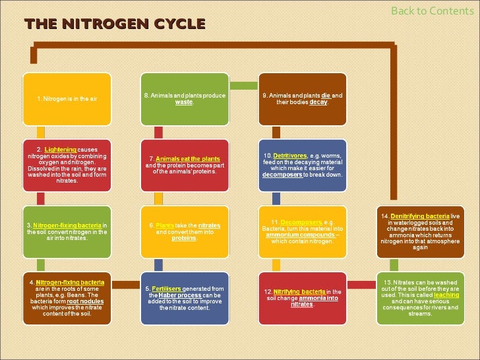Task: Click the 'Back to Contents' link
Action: point(433,11)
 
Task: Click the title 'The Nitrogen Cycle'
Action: point(115,25)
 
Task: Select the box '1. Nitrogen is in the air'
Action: point(67,99)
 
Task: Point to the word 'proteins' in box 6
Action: point(184,238)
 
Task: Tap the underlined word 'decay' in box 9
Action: point(318,102)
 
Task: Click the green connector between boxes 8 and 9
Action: point(243,86)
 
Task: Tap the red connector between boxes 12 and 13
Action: point(361,284)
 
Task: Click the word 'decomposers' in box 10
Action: point(282,175)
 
